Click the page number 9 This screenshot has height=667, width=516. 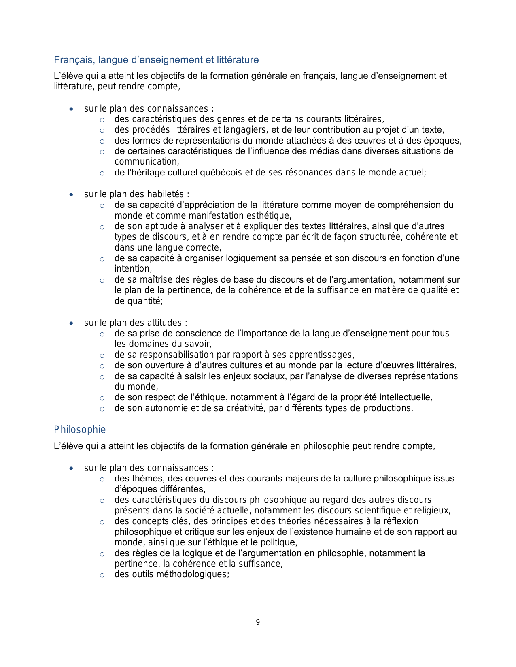pyautogui.click(x=258, y=622)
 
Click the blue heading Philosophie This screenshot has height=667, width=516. pyautogui.click(x=80, y=430)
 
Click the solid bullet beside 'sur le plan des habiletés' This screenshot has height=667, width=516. pyautogui.click(x=71, y=195)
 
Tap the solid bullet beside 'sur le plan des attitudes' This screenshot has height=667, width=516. pyautogui.click(x=71, y=323)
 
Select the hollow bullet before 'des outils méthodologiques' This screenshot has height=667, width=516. pyautogui.click(x=102, y=575)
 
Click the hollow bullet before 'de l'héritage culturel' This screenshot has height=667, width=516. pyautogui.click(x=102, y=173)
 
